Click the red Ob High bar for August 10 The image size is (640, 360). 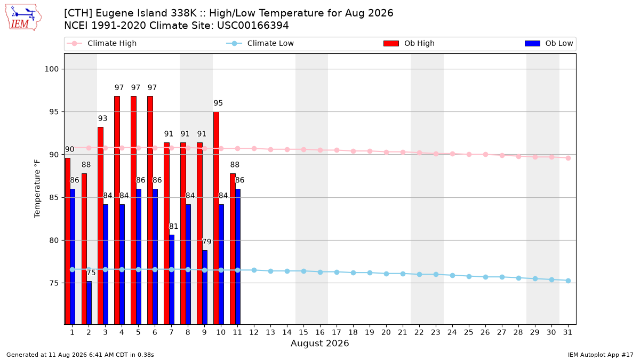(x=217, y=218)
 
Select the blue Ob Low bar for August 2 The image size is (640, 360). (x=89, y=303)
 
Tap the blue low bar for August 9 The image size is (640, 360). (x=205, y=287)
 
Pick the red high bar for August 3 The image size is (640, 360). (x=101, y=226)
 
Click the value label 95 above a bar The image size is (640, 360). (x=218, y=103)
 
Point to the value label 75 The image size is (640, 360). (x=91, y=273)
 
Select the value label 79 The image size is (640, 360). (x=206, y=242)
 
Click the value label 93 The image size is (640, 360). (x=102, y=118)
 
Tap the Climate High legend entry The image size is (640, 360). (x=101, y=43)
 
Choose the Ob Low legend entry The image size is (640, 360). (x=549, y=43)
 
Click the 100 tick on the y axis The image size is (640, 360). (x=51, y=69)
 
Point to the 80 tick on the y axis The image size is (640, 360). (x=54, y=241)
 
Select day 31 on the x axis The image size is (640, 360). (x=567, y=332)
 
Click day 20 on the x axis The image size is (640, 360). (x=386, y=332)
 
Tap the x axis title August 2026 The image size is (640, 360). (x=319, y=343)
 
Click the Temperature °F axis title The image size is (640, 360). (x=37, y=189)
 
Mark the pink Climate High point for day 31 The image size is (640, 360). (x=568, y=158)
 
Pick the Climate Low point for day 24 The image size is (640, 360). (x=452, y=275)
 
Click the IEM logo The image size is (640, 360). (x=23, y=18)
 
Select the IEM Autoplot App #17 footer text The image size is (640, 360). (x=601, y=355)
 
